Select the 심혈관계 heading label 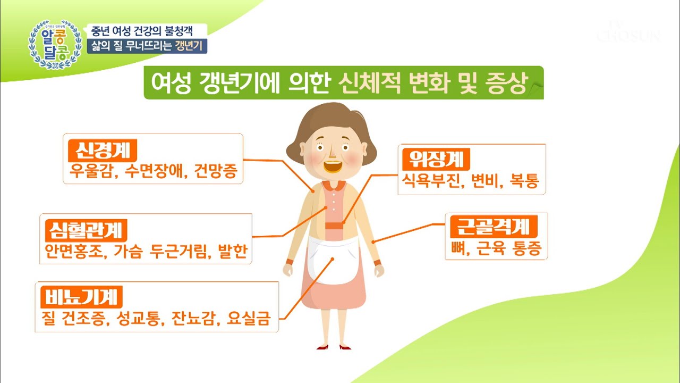pos(86,231)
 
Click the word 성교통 pos(139,319)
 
